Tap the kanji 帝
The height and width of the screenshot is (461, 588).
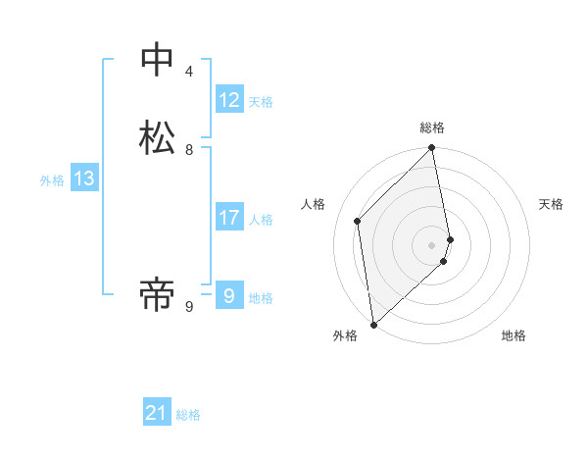157,292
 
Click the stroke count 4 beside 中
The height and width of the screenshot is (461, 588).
189,72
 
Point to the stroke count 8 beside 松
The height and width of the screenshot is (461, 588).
189,150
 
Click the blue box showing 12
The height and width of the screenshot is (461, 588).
229,100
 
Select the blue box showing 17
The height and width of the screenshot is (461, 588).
229,218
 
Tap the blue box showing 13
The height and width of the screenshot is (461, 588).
83,179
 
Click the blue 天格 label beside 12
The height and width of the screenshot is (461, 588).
261,102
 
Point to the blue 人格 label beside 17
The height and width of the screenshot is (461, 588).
261,220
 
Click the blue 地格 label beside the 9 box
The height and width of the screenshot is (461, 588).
261,298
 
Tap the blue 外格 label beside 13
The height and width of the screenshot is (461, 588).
52,180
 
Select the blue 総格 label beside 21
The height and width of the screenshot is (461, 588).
188,415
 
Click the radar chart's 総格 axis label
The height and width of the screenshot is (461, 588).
432,128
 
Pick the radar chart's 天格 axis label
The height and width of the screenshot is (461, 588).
551,204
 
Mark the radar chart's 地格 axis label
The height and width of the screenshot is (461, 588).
514,335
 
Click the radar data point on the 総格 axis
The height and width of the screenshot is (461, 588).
432,148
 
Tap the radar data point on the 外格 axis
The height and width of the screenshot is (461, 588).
372,324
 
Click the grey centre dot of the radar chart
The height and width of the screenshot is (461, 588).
432,244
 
